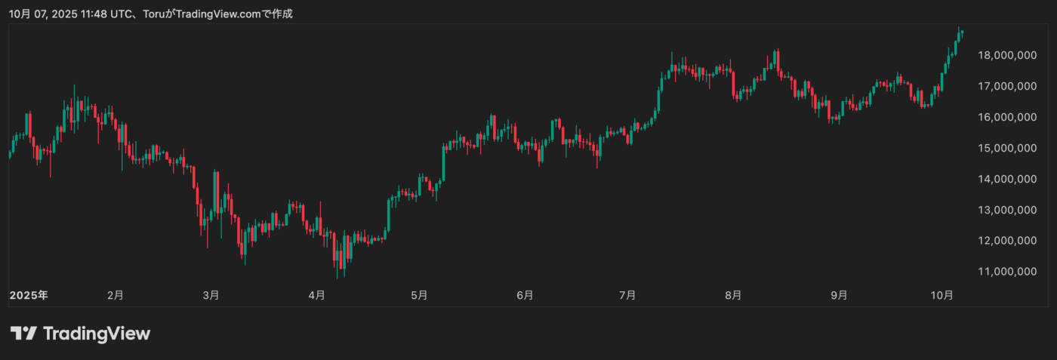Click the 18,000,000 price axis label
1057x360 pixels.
[x=1006, y=55]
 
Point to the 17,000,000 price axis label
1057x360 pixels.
[x=1006, y=86]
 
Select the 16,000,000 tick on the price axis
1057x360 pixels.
[x=1006, y=117]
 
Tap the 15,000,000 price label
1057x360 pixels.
[x=1006, y=148]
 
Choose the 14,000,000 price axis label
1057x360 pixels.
[x=1006, y=179]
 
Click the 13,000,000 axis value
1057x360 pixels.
[x=1006, y=210]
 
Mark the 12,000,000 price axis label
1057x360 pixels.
[x=1006, y=241]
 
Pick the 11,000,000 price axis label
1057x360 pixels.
[x=1006, y=271]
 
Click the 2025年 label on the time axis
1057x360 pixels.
[x=28, y=295]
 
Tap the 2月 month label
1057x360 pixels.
[x=115, y=295]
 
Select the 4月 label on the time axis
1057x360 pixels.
[x=317, y=295]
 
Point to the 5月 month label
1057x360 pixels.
[x=420, y=295]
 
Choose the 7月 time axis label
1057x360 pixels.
[x=627, y=295]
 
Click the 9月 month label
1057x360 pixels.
[x=838, y=295]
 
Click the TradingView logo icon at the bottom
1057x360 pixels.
[x=23, y=333]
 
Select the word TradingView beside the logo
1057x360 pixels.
[x=97, y=333]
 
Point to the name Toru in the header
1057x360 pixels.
[x=154, y=14]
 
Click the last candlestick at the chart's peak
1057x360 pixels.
[x=962, y=32]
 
